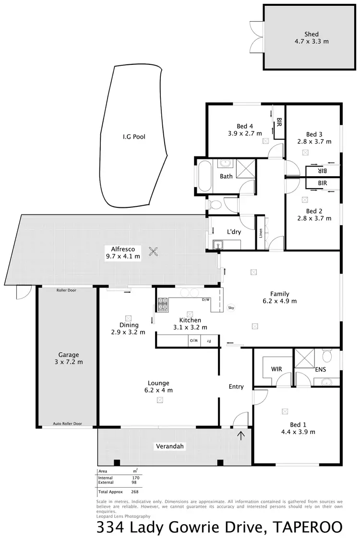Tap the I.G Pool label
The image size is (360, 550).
pos(133,137)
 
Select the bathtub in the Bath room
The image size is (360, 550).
pos(204,177)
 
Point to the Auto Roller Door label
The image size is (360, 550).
pos(68,424)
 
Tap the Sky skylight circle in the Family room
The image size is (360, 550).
pos(230,308)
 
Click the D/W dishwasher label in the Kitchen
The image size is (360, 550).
pos(206,299)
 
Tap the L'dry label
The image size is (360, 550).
pos(234,232)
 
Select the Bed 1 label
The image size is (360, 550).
pos(298,424)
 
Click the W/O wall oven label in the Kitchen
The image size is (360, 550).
pos(194,341)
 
